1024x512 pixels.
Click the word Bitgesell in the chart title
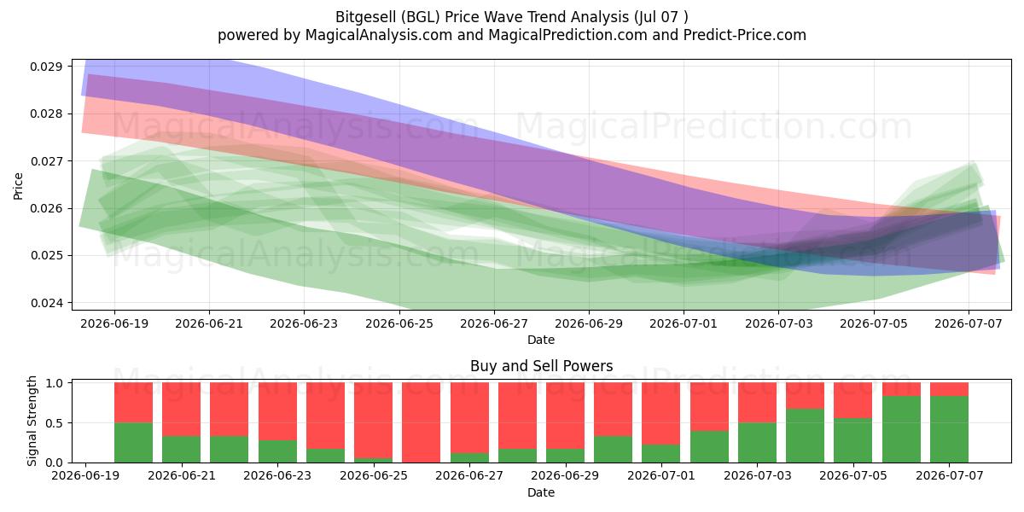coord(366,17)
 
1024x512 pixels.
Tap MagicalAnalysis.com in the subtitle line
coord(379,35)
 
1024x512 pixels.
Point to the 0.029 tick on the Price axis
coord(46,67)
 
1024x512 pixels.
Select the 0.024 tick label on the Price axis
coord(46,303)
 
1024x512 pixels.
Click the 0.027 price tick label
coord(46,161)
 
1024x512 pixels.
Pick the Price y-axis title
coord(18,186)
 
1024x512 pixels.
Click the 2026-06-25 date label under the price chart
coord(399,323)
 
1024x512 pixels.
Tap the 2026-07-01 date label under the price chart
coord(684,323)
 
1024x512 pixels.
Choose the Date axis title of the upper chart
coord(541,340)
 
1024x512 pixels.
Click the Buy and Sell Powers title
coord(541,366)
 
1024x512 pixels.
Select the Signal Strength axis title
coord(32,421)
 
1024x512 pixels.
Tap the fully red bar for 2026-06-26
coord(421,422)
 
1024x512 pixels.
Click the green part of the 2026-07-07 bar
coord(949,429)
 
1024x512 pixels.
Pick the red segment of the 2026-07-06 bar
coord(901,389)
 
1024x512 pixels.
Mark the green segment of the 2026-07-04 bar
coord(805,436)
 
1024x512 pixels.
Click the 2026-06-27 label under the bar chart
coord(469,476)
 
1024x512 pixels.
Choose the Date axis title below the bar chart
coord(541,492)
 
